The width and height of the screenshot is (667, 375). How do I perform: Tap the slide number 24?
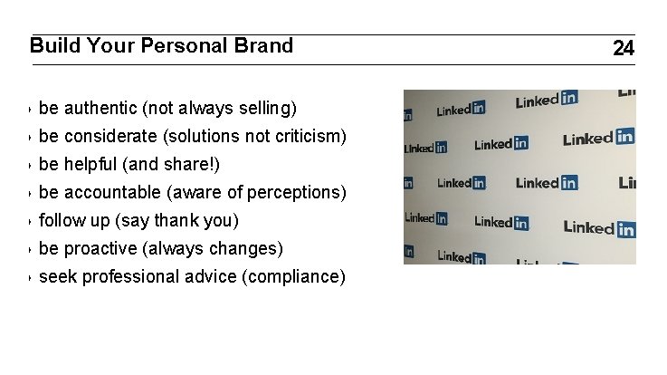point(624,49)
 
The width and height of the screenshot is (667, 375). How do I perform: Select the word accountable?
point(112,193)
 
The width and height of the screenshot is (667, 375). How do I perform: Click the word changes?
point(248,249)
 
